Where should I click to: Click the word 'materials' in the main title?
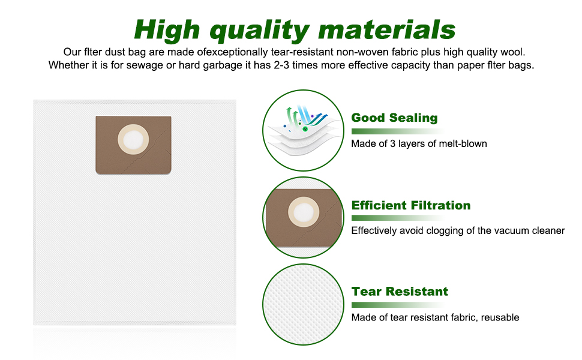386,29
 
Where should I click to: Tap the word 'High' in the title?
167,29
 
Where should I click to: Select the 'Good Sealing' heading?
394,118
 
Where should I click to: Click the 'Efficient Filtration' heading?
411,205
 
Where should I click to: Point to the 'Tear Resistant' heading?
400,292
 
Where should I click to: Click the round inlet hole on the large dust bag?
133,140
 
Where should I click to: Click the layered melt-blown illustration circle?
303,130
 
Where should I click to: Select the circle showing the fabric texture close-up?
303,304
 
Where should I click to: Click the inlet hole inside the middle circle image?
304,212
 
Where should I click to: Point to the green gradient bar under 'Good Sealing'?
398,131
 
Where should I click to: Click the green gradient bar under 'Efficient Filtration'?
398,218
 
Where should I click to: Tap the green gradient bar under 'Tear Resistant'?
398,305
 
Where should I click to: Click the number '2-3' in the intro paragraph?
281,65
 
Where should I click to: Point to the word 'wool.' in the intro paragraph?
514,52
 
